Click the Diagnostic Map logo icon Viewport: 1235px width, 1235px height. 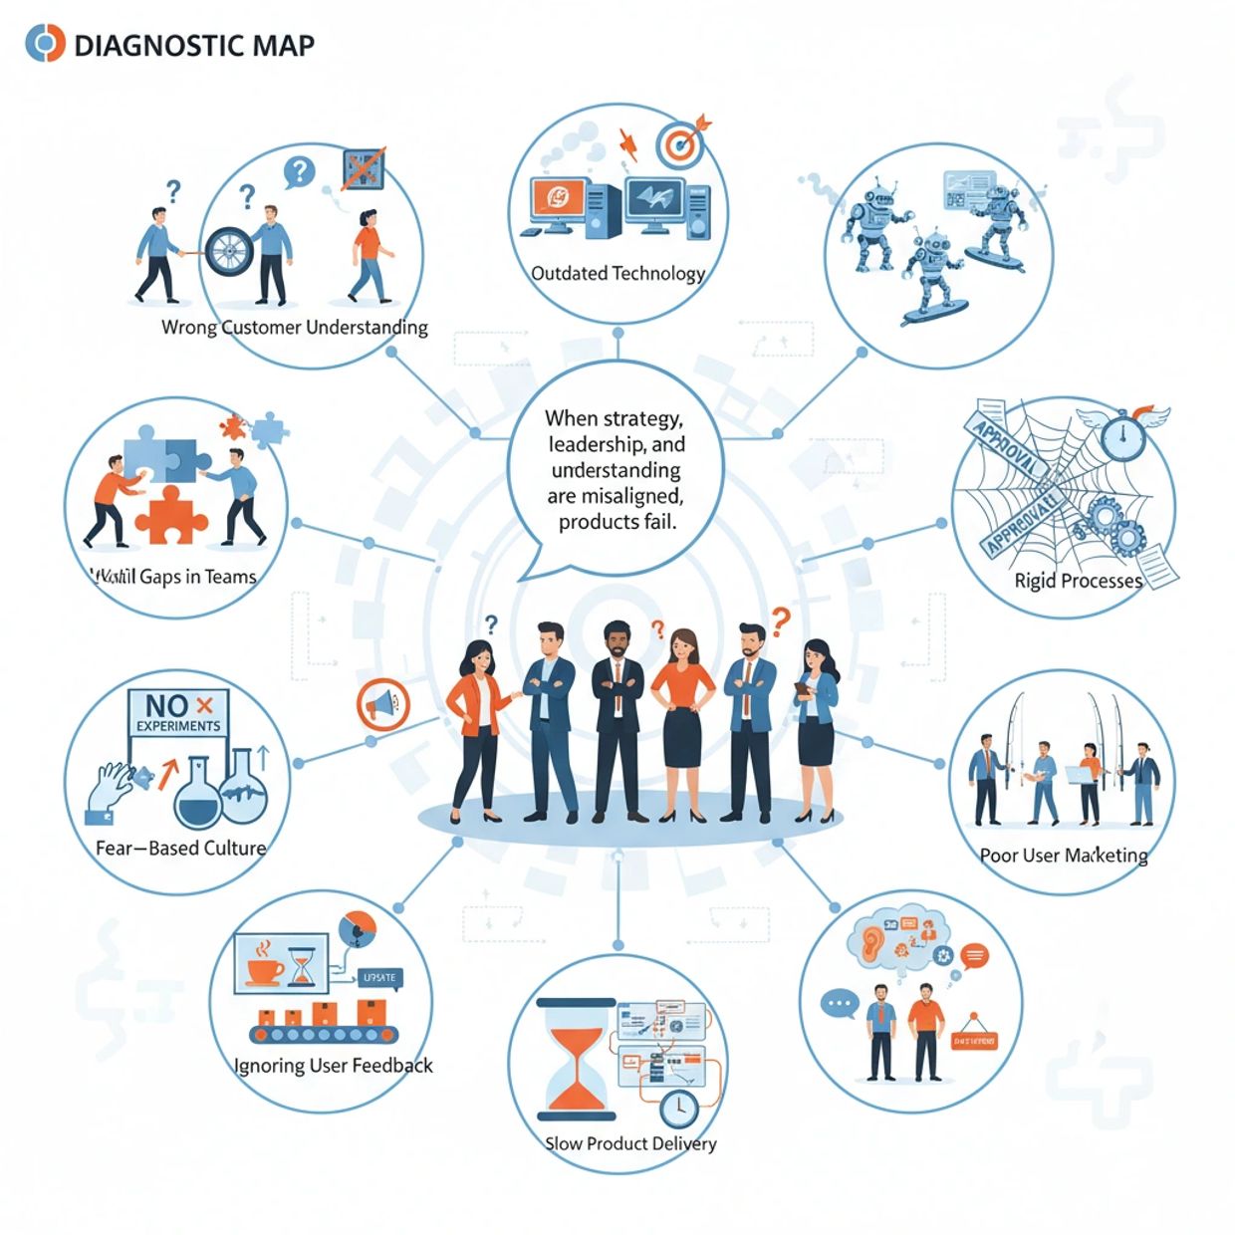pos(45,44)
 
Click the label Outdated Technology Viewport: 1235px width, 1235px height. pos(617,273)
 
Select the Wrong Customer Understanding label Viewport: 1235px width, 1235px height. pos(294,327)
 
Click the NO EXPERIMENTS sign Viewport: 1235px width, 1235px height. pos(179,712)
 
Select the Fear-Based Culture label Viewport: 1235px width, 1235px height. pos(180,849)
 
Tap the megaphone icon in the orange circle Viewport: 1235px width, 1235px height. pos(383,705)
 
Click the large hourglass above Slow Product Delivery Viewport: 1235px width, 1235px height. pos(575,1059)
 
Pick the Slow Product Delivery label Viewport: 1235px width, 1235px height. pos(630,1143)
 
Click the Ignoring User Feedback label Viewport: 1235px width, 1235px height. pos(334,1066)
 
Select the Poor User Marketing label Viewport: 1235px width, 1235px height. pos(1064,856)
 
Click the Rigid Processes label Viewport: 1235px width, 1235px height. pos(1079,581)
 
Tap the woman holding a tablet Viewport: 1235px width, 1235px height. pos(815,731)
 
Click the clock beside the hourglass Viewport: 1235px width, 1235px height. pos(679,1107)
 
